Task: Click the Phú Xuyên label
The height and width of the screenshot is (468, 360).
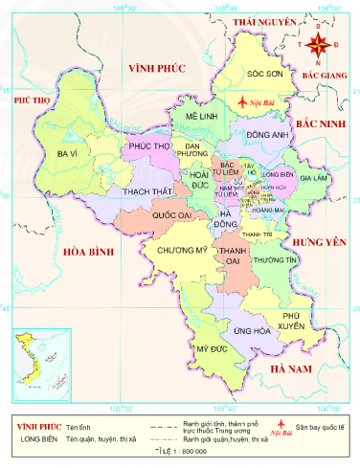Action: [x=298, y=319]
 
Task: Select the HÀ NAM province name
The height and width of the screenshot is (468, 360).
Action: [x=294, y=368]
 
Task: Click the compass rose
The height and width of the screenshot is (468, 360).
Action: [x=320, y=42]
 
